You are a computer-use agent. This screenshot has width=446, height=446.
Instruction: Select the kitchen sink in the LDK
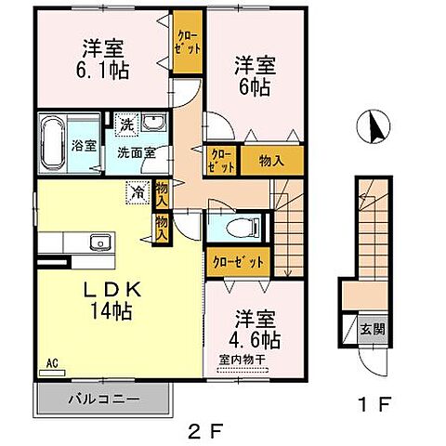(x=98, y=243)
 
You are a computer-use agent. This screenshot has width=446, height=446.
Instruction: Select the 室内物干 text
(x=243, y=358)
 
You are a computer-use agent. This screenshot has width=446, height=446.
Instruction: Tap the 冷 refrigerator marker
(x=138, y=194)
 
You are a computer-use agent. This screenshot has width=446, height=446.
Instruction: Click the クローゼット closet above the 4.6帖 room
(x=239, y=261)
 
